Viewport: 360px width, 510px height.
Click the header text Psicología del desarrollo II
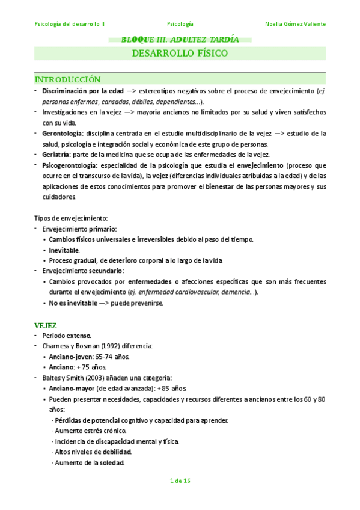[x=70, y=24]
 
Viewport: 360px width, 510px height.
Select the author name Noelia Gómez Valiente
[x=295, y=24]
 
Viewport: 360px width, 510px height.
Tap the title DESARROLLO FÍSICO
[x=180, y=54]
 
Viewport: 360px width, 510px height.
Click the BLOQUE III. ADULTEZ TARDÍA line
[x=180, y=40]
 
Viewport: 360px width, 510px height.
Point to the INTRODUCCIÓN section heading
[x=67, y=80]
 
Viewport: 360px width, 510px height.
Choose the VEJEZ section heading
[x=45, y=325]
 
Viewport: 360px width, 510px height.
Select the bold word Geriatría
[x=57, y=155]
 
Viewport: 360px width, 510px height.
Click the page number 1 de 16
[x=180, y=480]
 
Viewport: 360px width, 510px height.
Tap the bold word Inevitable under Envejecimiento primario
[x=64, y=250]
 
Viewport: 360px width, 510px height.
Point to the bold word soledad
[x=111, y=463]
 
